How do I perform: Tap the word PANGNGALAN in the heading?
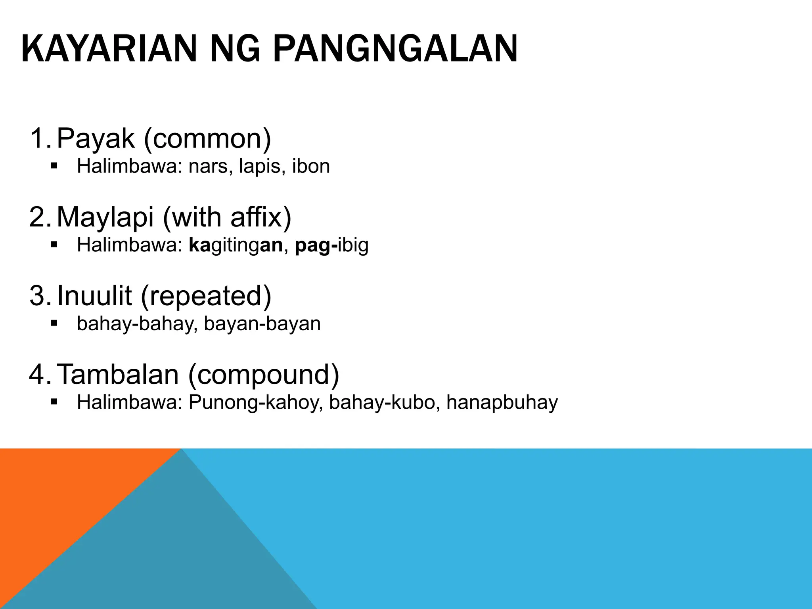click(x=395, y=50)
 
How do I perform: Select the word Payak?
click(x=96, y=138)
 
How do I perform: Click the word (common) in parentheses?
click(x=207, y=138)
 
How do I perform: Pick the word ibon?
click(x=311, y=166)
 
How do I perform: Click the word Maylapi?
click(x=105, y=217)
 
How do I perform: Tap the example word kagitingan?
click(x=236, y=245)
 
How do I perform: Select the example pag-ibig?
click(x=331, y=245)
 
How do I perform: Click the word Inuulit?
click(x=94, y=295)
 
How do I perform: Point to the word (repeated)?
click(x=206, y=296)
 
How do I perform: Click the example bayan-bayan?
click(x=262, y=324)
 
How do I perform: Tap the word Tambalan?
click(x=118, y=374)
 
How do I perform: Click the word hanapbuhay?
click(x=502, y=402)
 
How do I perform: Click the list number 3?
click(x=38, y=296)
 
